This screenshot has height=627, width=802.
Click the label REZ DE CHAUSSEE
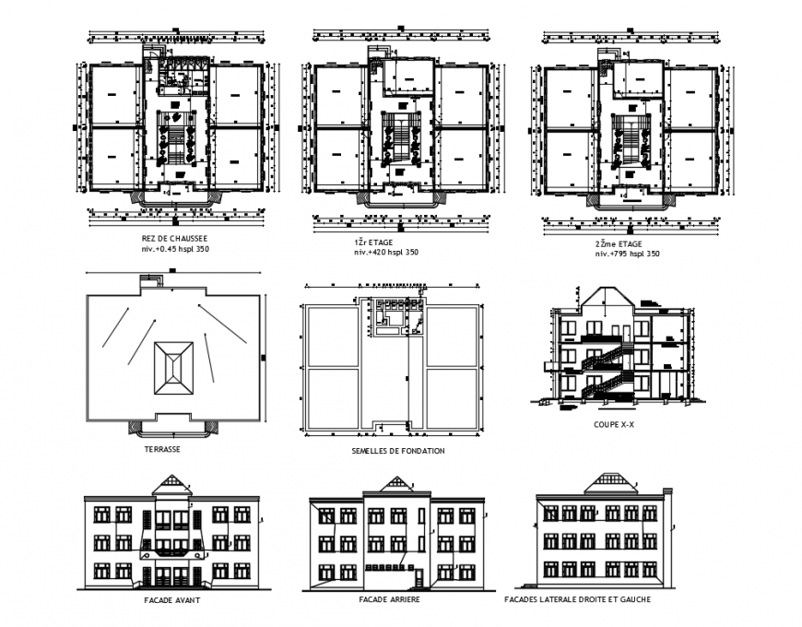174,238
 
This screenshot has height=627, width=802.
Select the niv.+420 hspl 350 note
380,253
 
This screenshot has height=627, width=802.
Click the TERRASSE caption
161,449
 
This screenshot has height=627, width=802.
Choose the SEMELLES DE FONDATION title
397,451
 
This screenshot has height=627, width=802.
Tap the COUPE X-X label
613,425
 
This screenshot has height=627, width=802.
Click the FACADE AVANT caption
172,600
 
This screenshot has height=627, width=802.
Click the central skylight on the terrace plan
173,368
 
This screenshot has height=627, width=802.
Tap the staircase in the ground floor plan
175,139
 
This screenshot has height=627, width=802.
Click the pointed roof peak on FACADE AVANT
172,484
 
